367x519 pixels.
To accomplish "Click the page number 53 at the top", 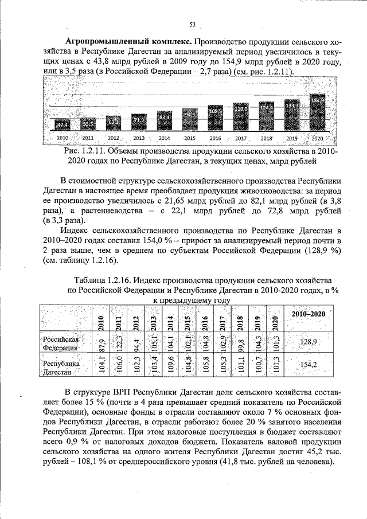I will coord(193,24).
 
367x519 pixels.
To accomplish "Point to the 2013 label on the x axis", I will coord(139,139).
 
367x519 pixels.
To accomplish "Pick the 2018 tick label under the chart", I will coord(267,139).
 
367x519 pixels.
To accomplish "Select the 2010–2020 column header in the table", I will coord(309,315).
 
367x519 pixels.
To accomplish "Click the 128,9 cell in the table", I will coord(309,342).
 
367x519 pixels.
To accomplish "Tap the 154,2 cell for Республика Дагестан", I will coord(309,365).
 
